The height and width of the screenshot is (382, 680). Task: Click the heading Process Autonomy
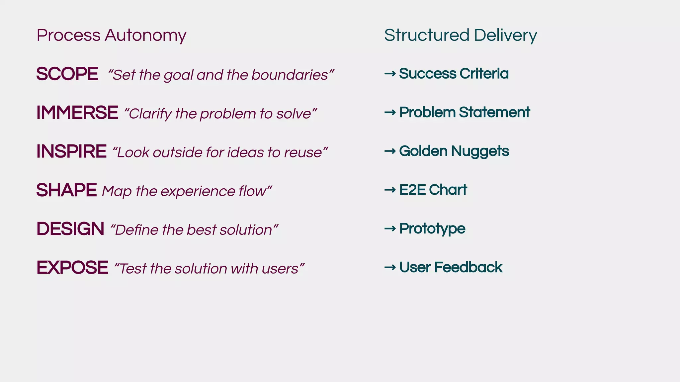(x=111, y=35)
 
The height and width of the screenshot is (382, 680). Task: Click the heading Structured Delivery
(x=460, y=35)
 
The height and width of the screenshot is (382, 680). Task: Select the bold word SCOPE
(x=67, y=74)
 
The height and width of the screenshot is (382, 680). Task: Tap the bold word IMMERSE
(x=77, y=113)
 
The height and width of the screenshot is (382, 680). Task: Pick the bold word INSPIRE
(x=71, y=152)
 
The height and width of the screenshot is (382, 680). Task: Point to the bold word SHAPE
(x=66, y=190)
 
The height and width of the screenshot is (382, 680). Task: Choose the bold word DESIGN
(x=70, y=229)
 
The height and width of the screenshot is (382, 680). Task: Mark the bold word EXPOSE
(x=72, y=268)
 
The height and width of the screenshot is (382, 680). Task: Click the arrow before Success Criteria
(x=390, y=74)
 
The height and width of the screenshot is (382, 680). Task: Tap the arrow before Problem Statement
(x=390, y=112)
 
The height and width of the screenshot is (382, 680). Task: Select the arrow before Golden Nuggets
(x=390, y=151)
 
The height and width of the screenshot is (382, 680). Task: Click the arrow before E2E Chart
(x=390, y=190)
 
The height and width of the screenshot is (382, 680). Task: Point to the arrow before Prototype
(x=390, y=229)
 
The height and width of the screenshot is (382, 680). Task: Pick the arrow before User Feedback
(x=390, y=267)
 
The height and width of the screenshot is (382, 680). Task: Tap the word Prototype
(x=432, y=229)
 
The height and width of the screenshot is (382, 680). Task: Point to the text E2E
(x=412, y=190)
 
